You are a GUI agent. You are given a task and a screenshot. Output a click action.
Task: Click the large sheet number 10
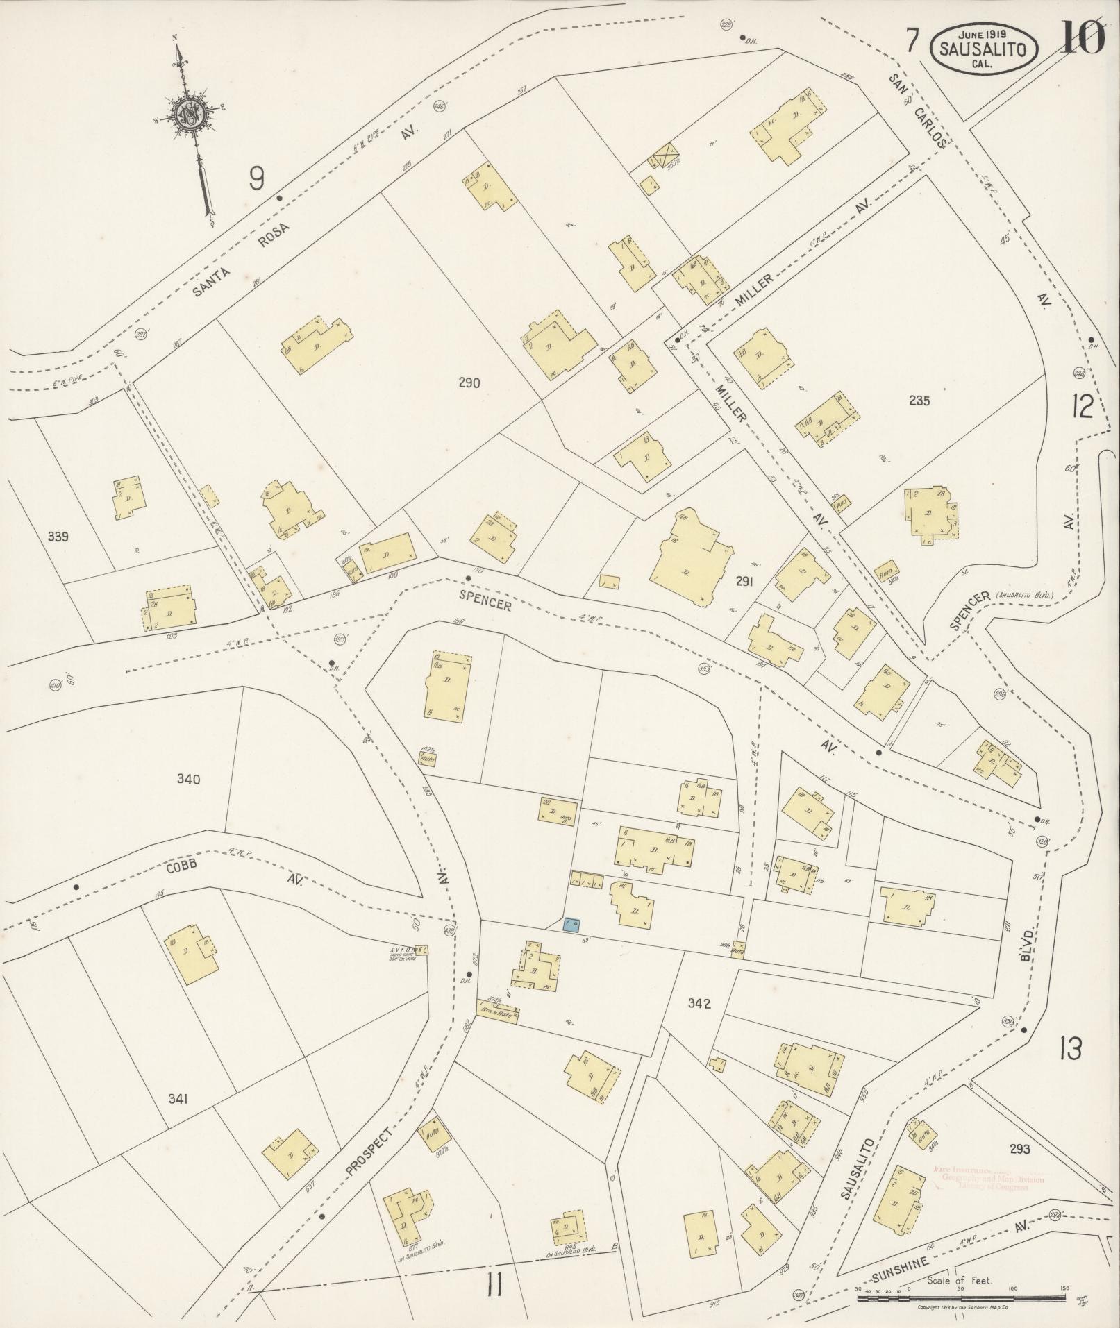pos(1082,38)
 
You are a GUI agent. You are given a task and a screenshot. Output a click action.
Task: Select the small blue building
pos(572,924)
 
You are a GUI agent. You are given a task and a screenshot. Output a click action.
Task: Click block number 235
pos(918,401)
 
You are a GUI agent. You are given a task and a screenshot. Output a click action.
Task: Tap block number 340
pos(188,780)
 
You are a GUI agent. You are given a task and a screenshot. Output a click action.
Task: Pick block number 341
pos(178,1118)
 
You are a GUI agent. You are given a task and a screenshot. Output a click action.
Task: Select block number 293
pos(1020,1149)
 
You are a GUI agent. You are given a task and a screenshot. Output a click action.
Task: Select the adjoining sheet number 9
pos(256,180)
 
